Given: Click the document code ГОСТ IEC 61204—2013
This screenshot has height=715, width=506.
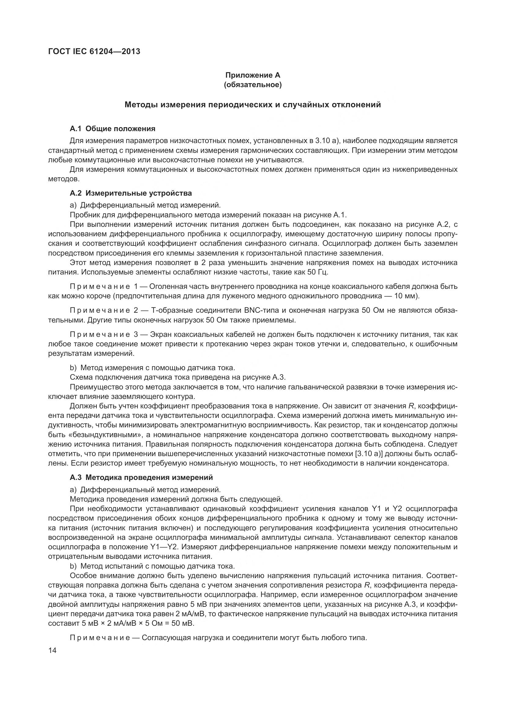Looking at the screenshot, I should coord(94,51).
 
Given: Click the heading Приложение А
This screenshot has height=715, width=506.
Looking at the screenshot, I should coord(253,75).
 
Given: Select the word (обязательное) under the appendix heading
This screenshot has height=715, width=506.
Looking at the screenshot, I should coord(253,85).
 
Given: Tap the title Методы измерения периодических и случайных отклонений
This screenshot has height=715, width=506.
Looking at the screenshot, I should coord(253,105).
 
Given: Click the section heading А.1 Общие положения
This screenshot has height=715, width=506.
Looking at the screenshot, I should coord(113,129).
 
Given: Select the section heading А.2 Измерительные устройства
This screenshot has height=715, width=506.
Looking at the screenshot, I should coord(131,193).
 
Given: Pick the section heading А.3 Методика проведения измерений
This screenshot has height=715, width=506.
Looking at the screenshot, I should coord(141,486).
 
